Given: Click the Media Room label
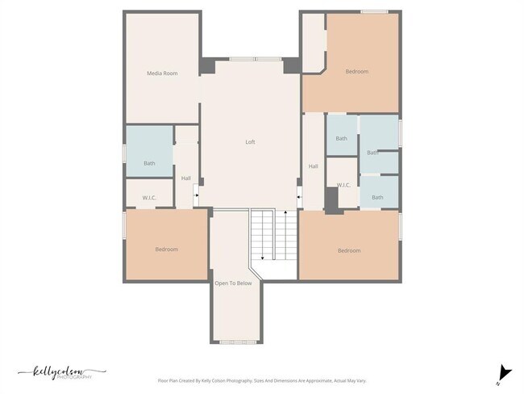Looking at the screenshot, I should click(161, 73).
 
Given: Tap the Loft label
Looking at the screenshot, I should click(250, 142).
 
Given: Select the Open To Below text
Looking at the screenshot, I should click(233, 283).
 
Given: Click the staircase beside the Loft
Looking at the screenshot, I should click(263, 234).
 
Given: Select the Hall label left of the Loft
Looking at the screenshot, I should click(186, 178).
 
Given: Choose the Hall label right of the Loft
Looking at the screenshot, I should click(313, 167).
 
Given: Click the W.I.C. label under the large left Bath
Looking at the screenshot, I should click(149, 197).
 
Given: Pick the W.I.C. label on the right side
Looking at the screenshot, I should click(343, 185).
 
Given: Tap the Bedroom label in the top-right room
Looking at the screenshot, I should click(356, 72).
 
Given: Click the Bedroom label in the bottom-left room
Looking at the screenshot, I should click(166, 249).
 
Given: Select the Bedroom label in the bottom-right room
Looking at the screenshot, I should click(349, 251).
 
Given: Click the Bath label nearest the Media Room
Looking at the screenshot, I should click(149, 164).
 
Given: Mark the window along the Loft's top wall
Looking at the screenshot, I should click(255, 59).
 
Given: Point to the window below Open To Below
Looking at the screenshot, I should click(237, 342).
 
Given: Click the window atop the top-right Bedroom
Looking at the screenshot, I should click(373, 11).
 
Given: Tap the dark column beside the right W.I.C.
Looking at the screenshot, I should click(331, 199).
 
